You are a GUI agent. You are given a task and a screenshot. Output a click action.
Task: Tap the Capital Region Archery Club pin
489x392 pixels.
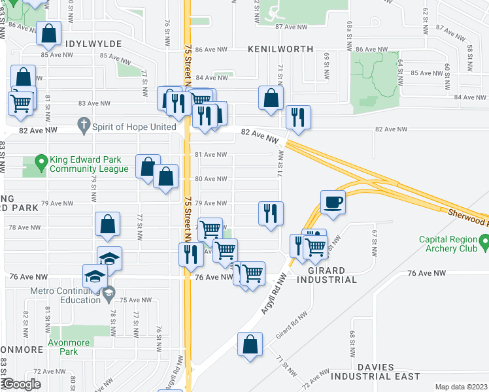tap(484, 244)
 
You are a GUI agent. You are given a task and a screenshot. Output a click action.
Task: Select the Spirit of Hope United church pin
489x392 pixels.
tap(83, 124)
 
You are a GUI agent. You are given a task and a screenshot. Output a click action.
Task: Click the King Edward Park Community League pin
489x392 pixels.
tap(41, 161)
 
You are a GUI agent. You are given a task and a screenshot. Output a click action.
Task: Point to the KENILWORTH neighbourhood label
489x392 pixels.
tap(280, 49)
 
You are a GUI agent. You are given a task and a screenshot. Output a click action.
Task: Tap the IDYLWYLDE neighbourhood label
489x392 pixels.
tap(93, 43)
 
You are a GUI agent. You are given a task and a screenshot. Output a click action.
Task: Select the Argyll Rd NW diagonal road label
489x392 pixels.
tap(274, 294)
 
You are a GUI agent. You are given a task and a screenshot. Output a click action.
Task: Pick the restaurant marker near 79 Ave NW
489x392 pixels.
tap(271, 212)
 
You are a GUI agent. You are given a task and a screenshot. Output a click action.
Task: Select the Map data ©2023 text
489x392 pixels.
tap(461, 387)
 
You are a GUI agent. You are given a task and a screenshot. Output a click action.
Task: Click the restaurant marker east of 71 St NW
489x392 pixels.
tap(297, 117)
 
